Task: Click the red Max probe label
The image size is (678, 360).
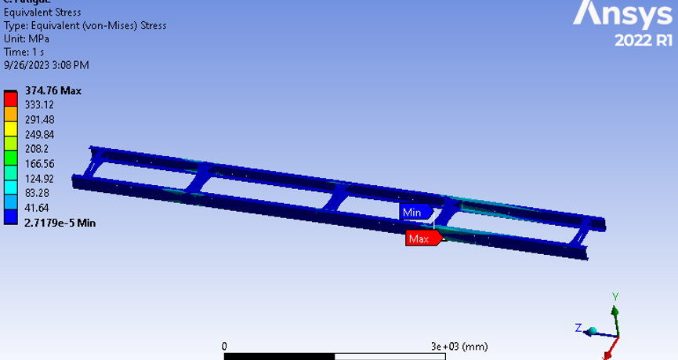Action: click(x=419, y=238)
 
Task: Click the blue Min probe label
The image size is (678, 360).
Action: click(x=412, y=213)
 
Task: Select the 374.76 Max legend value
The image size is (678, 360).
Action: click(x=53, y=90)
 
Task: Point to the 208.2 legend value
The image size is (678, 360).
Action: click(x=37, y=149)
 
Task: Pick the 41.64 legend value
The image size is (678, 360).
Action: click(x=37, y=208)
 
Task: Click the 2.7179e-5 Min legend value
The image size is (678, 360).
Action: click(x=60, y=223)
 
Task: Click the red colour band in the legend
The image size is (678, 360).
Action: click(x=10, y=98)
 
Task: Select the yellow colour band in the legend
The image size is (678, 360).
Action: click(x=10, y=128)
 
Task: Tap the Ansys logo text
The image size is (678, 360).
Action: click(x=624, y=14)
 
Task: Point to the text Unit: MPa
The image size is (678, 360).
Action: click(x=27, y=38)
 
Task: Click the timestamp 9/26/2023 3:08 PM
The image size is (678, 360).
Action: click(x=46, y=65)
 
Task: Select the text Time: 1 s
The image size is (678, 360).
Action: click(x=24, y=52)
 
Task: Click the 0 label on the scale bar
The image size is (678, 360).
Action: click(x=224, y=346)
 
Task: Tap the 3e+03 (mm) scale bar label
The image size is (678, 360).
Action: click(x=459, y=346)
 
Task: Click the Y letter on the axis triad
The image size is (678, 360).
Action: click(x=615, y=296)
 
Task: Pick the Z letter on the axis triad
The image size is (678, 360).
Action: click(x=578, y=327)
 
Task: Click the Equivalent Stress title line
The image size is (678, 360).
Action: click(x=43, y=13)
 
